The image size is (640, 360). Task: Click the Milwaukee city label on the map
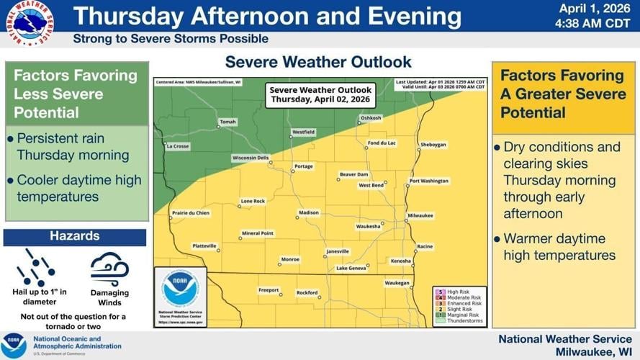point(420,215)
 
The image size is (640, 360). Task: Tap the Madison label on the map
point(309,213)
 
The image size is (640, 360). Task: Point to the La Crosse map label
point(177,146)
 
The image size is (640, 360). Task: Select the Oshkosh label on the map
point(371,117)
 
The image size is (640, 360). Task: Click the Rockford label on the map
point(307,292)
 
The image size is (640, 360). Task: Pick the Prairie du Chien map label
point(191,213)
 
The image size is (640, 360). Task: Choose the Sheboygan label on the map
point(433,144)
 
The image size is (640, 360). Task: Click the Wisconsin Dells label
point(250,158)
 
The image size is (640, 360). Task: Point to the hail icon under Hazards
point(35,267)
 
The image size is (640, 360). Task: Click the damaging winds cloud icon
point(109,269)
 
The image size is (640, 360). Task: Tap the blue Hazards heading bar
point(75,236)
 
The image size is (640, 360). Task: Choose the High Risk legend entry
point(457,291)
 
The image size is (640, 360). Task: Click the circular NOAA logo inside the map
point(180,289)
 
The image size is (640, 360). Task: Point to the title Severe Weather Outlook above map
point(318,62)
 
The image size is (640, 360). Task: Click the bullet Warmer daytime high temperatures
point(559,247)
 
